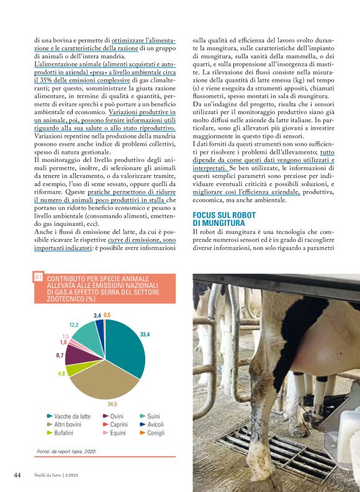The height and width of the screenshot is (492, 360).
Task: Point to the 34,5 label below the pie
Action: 112,404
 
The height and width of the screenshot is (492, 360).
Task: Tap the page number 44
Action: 17,475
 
